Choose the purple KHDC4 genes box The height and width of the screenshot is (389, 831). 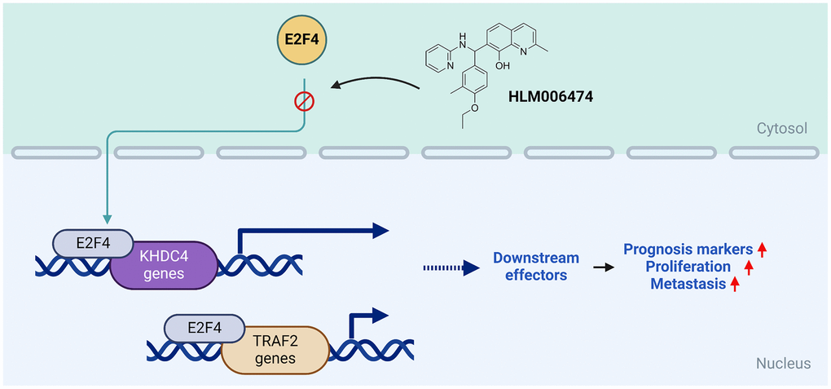tap(164, 265)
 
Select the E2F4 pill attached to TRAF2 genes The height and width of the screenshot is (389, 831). tap(204, 329)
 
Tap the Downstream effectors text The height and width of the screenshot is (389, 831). tap(536, 267)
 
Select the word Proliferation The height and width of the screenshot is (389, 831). tap(688, 267)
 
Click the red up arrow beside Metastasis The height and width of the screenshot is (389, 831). tap(736, 283)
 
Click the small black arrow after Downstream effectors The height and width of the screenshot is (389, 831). tap(604, 267)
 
